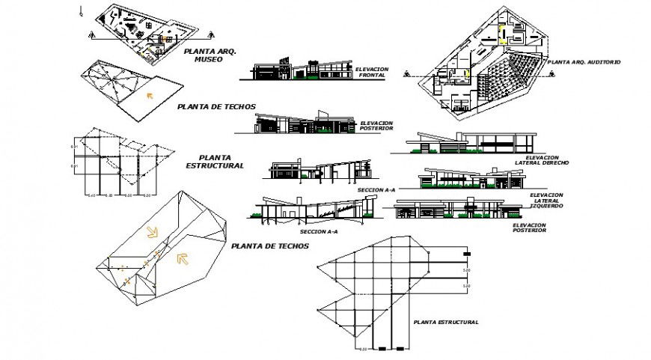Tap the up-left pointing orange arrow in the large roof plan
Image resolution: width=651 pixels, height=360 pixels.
[x=180, y=260]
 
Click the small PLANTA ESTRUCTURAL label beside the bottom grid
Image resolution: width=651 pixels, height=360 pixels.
[x=445, y=322]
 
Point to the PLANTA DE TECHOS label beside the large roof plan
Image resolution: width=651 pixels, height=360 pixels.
[x=270, y=245]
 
